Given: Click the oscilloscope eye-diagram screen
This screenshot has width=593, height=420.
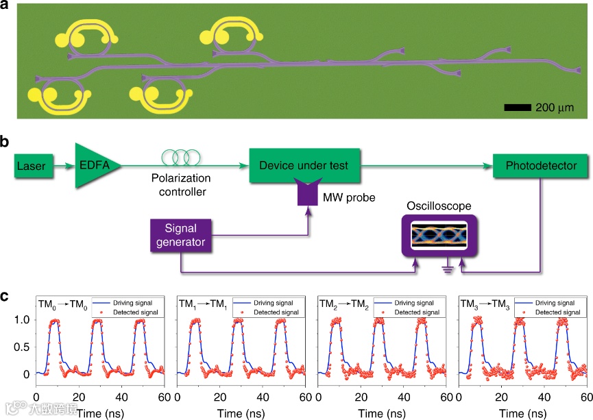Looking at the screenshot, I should coord(438,236).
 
